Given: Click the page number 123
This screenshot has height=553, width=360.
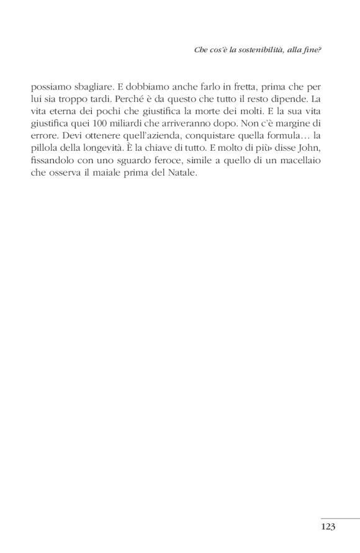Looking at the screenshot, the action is (328, 526).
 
